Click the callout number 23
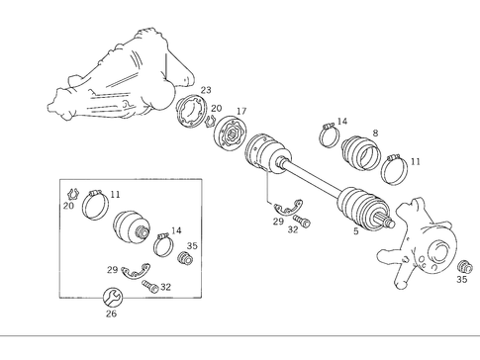click(206, 91)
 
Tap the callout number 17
click(240, 112)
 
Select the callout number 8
click(374, 133)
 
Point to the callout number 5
click(355, 233)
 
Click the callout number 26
click(111, 315)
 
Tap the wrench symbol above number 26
click(112, 295)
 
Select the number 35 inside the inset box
click(192, 245)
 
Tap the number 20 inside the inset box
click(68, 207)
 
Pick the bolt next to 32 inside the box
click(149, 286)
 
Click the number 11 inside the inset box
click(115, 195)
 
